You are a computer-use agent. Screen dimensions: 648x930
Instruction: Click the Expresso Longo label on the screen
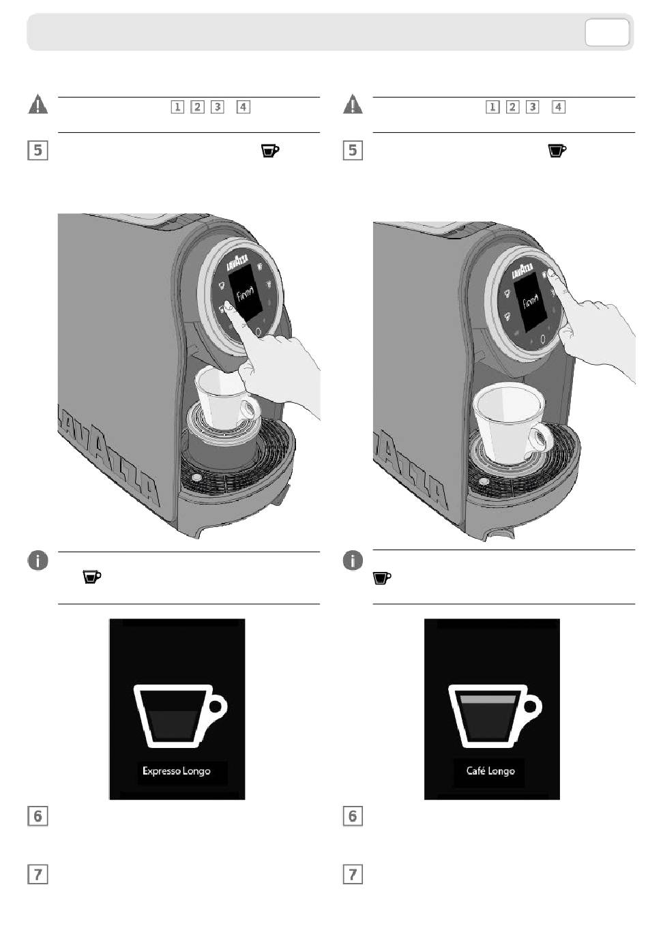point(176,771)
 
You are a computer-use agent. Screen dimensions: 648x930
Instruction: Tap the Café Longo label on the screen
point(490,771)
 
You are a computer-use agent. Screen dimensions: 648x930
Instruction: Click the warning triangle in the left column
point(38,105)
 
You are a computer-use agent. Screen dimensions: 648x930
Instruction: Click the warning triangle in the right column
point(353,105)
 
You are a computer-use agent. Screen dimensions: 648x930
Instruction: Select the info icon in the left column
point(38,561)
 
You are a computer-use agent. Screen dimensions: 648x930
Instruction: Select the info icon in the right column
point(353,561)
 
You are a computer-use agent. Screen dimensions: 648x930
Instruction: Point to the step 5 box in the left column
point(38,149)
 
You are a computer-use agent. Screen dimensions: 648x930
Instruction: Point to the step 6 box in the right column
point(353,815)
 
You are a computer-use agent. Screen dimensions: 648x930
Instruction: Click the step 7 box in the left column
point(38,874)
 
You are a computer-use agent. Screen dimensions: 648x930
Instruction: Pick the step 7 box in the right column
point(353,874)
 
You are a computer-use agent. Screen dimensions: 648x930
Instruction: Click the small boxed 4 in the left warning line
point(244,106)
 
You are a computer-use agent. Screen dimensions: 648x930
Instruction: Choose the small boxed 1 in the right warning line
point(492,106)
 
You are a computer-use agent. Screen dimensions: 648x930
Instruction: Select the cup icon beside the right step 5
point(558,151)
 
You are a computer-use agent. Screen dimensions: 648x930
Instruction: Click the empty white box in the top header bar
point(606,33)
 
